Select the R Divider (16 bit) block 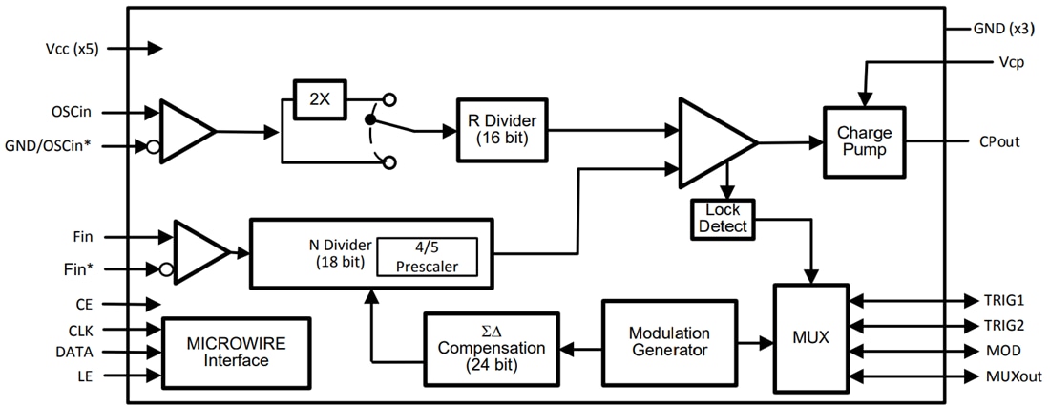502,128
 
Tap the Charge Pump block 864,141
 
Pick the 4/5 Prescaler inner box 427,255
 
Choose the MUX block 809,337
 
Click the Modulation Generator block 668,341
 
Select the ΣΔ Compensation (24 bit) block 491,348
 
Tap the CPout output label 998,141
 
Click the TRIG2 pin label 1006,325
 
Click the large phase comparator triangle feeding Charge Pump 711,141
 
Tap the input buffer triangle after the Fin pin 198,251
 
